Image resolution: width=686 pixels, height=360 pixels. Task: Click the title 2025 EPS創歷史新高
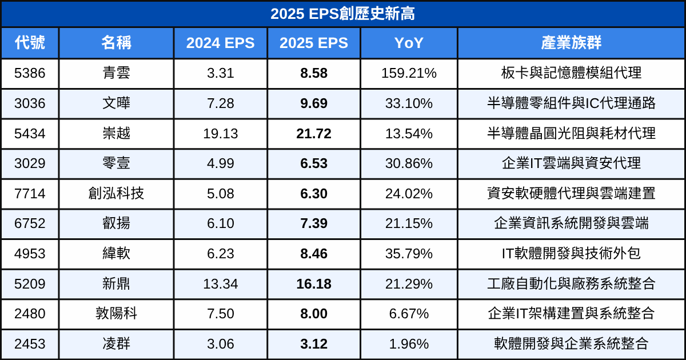click(343, 14)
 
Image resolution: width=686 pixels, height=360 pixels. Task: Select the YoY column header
click(409, 43)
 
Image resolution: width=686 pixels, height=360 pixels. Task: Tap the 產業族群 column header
click(571, 43)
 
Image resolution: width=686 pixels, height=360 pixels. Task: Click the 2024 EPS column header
click(220, 43)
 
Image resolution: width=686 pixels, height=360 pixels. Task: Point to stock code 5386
click(30, 73)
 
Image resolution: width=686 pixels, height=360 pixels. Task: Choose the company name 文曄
click(116, 103)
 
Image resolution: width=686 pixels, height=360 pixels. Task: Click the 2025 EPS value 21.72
click(314, 134)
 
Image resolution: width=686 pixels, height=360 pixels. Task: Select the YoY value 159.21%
click(409, 73)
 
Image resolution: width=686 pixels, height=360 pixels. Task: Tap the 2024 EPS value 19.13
click(220, 134)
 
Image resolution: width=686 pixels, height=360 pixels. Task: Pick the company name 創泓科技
click(116, 194)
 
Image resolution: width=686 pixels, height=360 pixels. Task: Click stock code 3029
click(30, 163)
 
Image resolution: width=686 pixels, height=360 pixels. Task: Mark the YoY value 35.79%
click(409, 254)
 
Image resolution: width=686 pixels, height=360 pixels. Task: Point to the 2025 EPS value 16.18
click(314, 284)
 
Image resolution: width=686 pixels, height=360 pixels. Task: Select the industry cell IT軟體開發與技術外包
click(571, 254)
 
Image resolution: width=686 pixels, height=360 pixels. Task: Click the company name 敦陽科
click(116, 314)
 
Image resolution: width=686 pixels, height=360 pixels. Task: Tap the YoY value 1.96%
click(409, 344)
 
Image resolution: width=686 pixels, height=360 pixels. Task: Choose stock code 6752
click(30, 223)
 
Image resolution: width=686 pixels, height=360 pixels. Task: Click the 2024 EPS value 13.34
click(220, 284)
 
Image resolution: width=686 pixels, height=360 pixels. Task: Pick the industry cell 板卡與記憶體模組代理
click(571, 73)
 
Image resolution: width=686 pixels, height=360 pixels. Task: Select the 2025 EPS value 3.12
click(314, 344)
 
